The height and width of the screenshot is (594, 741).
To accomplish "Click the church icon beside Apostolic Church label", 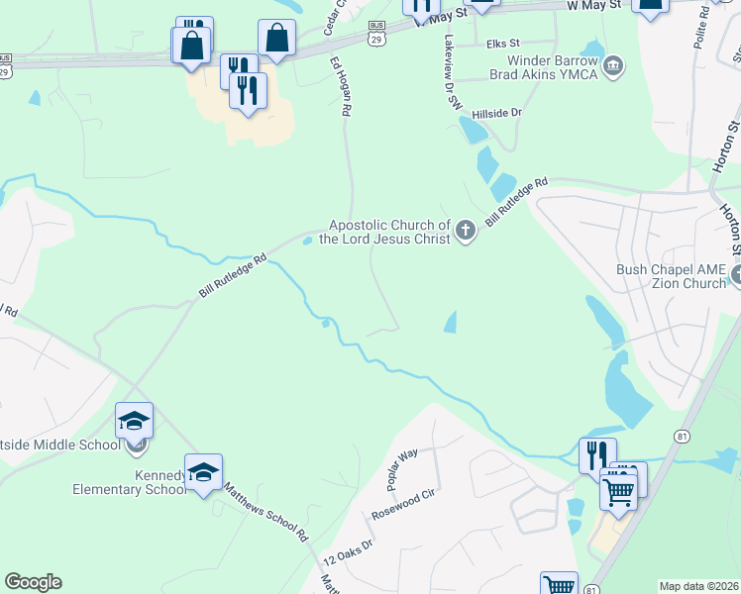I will click(466, 233).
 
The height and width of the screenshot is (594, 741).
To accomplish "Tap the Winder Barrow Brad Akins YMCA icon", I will click(613, 66).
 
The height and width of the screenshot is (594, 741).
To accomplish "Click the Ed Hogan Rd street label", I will click(341, 87).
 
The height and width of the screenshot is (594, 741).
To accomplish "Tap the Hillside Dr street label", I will click(496, 114).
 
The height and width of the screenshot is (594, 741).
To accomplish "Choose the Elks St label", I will click(503, 45).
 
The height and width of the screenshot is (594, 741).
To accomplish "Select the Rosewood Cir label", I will click(403, 506).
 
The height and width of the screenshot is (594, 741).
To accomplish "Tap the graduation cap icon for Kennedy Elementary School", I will click(203, 471).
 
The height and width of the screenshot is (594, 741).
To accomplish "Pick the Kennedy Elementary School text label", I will click(128, 481).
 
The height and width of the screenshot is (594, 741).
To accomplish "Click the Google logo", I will click(33, 582).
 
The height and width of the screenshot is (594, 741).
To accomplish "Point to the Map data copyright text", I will click(698, 586).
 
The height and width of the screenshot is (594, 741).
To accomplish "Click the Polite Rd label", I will click(703, 19).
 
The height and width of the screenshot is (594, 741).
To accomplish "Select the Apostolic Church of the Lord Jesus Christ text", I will click(389, 233).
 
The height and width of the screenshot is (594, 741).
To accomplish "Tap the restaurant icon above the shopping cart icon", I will click(597, 453).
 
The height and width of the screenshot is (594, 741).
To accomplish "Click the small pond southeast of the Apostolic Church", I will click(452, 321).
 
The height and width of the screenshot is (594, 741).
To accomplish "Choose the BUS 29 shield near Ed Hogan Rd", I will click(375, 32).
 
